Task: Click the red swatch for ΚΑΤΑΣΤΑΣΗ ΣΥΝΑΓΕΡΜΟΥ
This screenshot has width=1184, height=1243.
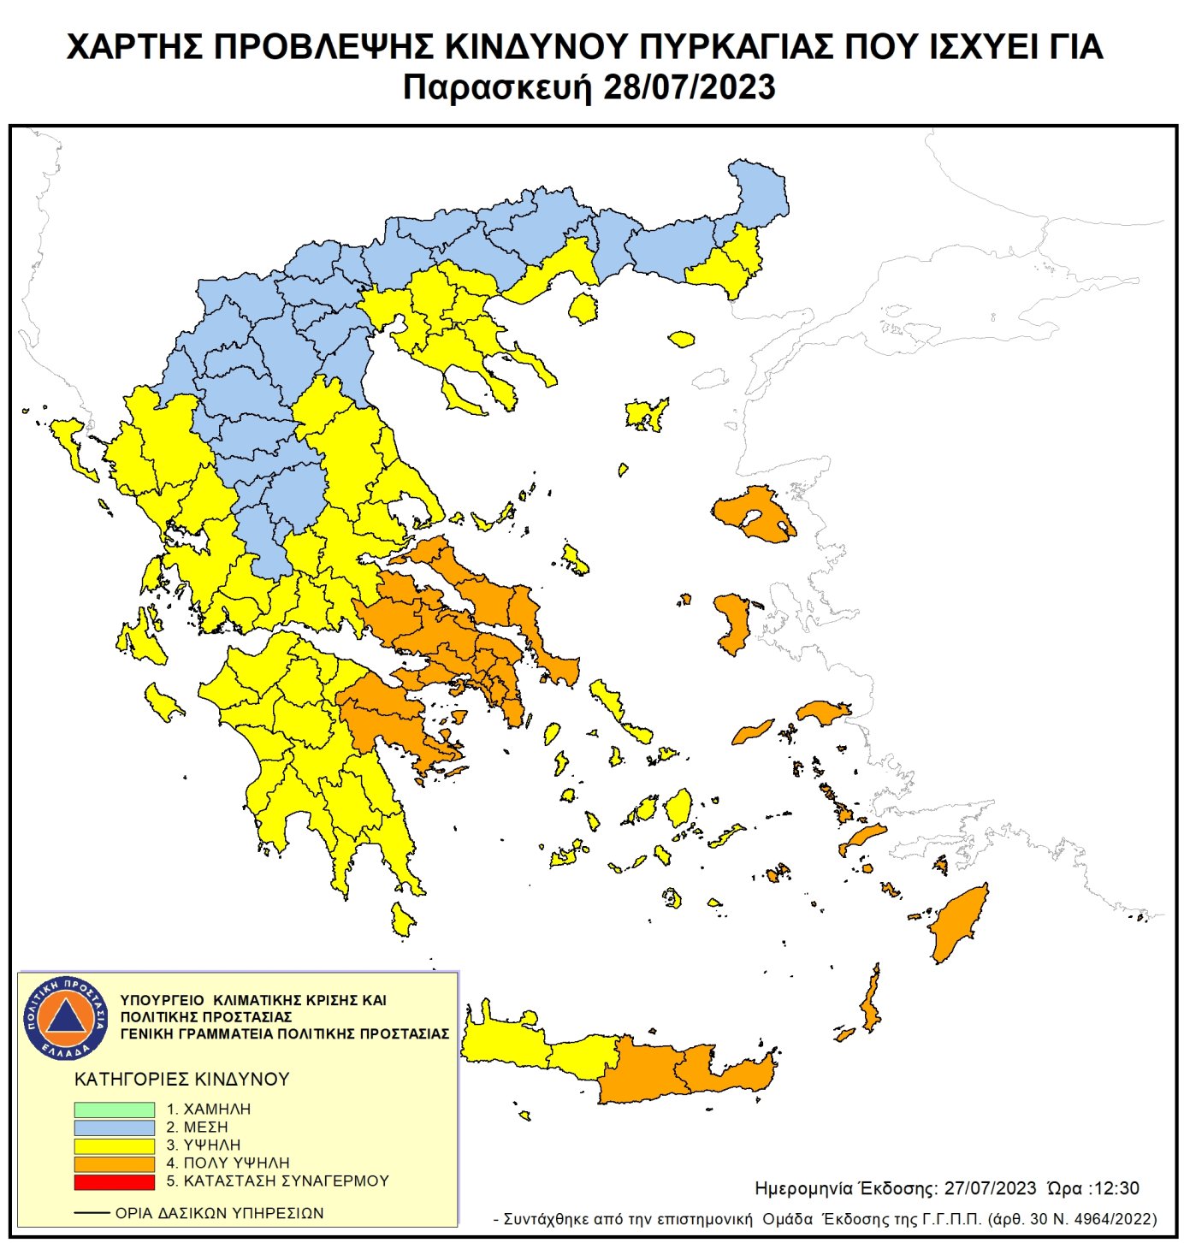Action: click(114, 1181)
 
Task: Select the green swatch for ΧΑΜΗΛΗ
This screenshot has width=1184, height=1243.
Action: click(114, 1109)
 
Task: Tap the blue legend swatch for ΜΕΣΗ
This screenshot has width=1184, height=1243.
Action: click(114, 1128)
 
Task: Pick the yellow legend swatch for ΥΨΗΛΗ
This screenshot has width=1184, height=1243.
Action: click(114, 1145)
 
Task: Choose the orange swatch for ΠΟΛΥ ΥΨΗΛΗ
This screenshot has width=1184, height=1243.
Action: click(114, 1163)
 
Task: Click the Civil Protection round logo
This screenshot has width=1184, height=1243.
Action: click(66, 1017)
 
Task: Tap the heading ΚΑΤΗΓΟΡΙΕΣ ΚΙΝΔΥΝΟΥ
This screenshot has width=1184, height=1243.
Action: click(181, 1080)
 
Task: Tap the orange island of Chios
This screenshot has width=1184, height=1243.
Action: click(733, 623)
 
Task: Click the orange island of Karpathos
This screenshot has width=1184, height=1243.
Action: click(872, 1001)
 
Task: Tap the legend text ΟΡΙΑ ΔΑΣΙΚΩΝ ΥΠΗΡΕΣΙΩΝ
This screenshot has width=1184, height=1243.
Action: click(219, 1213)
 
